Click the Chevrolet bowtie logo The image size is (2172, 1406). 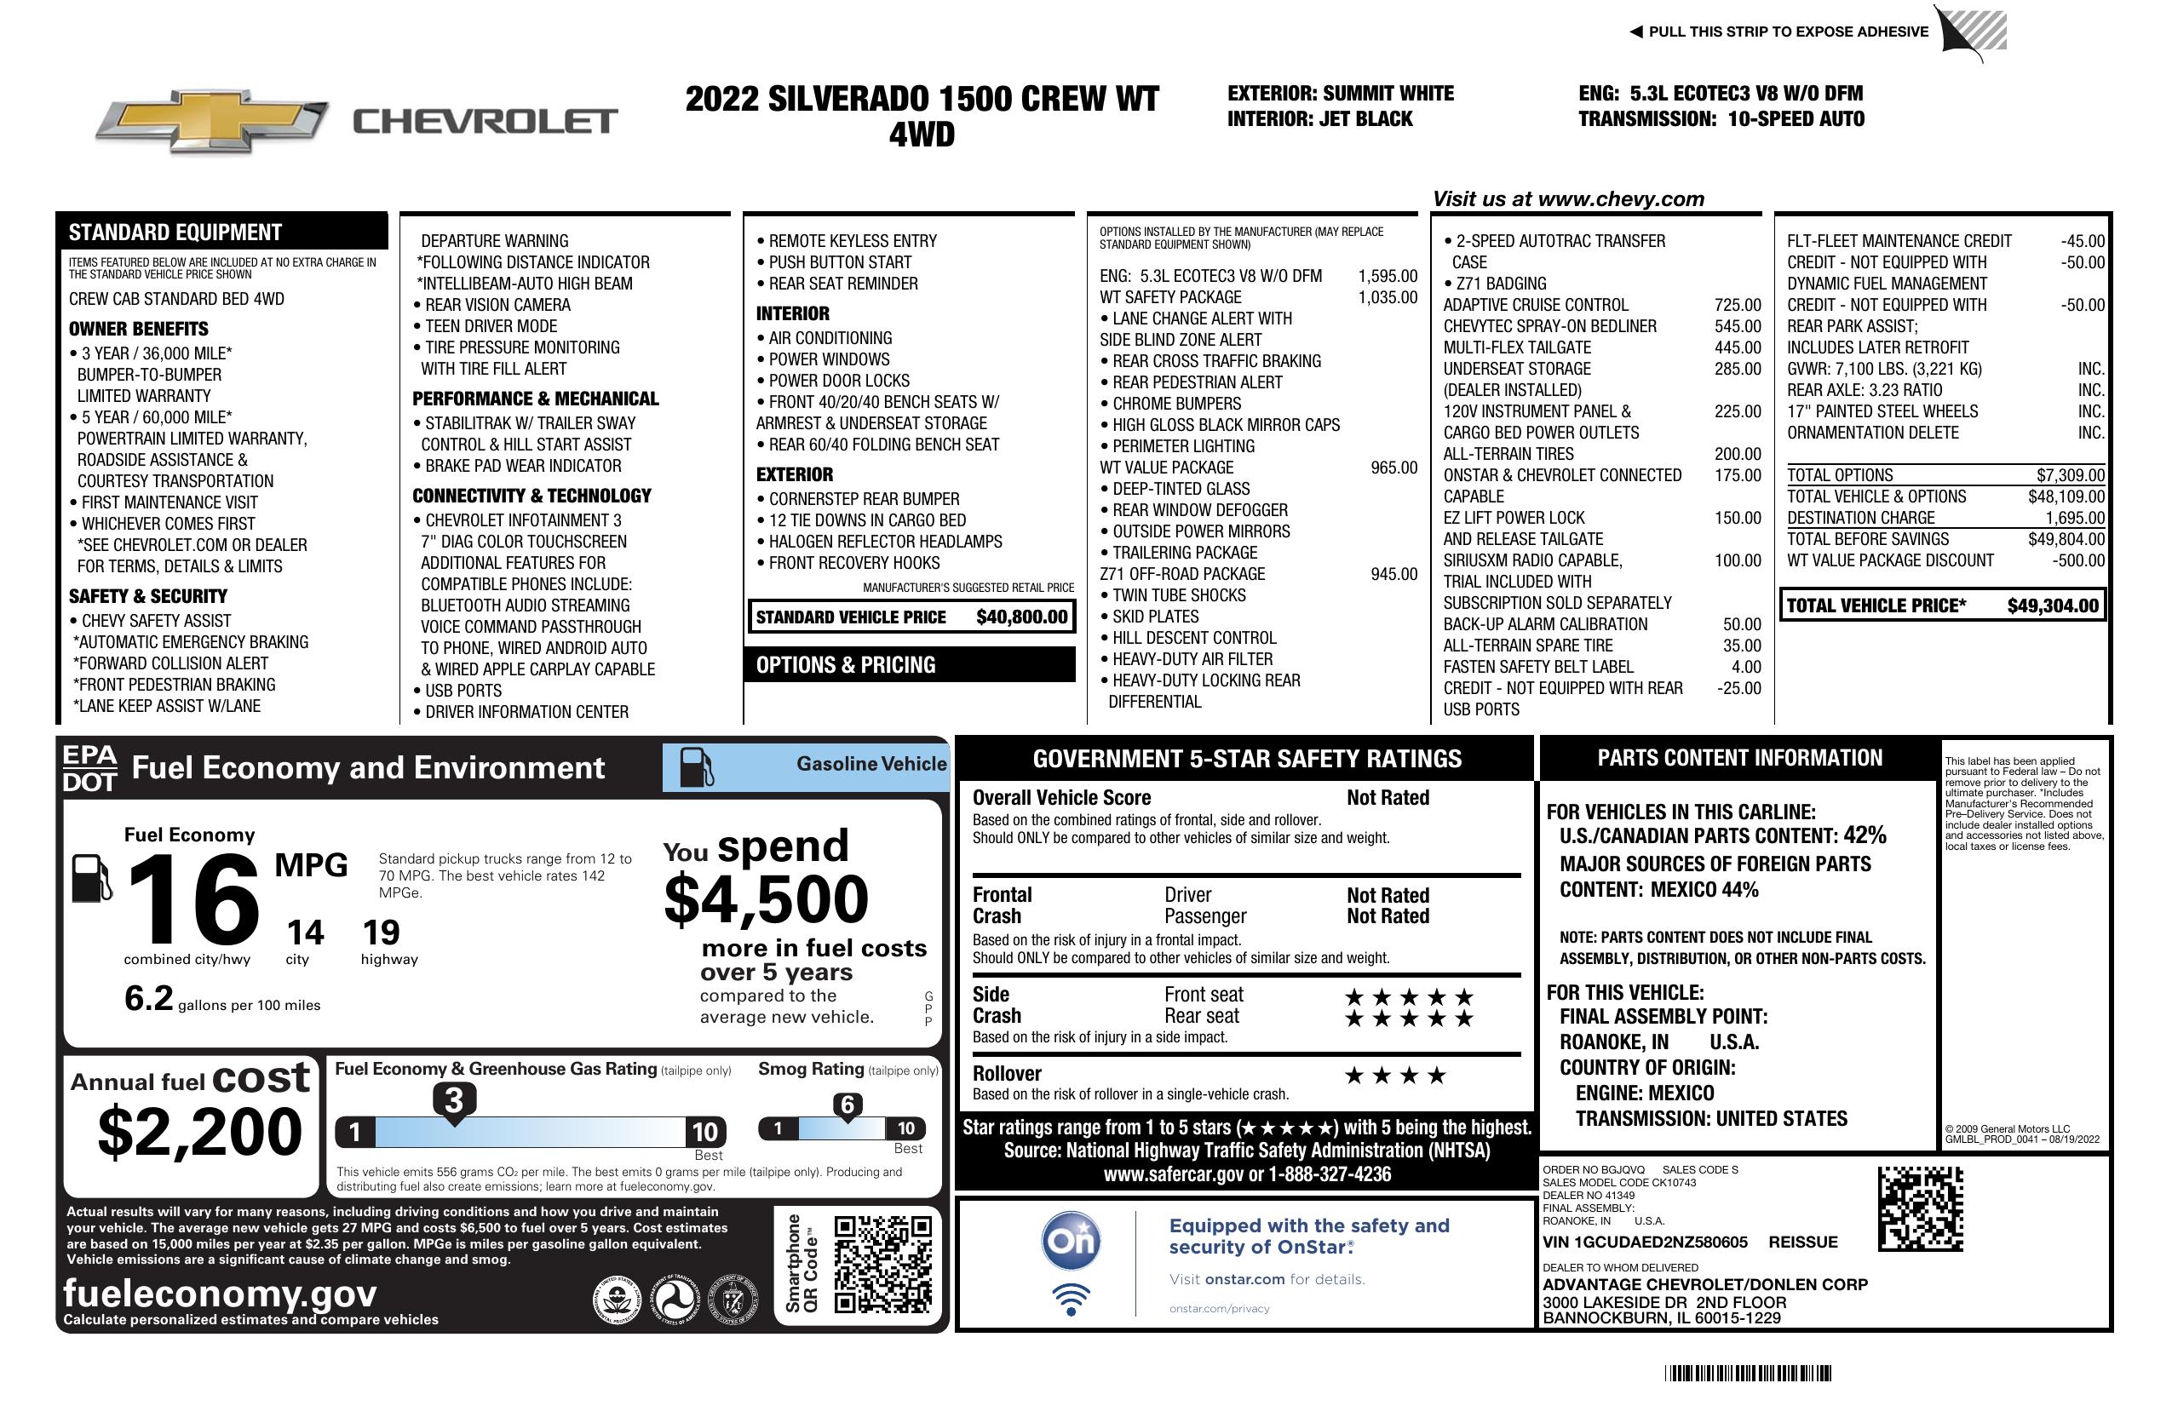(212, 121)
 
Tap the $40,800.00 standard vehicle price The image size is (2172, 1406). (1021, 617)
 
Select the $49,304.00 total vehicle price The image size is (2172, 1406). (2053, 605)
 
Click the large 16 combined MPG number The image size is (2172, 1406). (193, 899)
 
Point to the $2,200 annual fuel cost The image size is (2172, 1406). (199, 1133)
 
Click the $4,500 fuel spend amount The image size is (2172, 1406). (766, 900)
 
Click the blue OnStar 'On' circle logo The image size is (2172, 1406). (1072, 1241)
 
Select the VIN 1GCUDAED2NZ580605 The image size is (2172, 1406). (1645, 1242)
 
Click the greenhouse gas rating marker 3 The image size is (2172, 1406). (453, 1101)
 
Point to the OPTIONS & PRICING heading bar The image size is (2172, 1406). (910, 665)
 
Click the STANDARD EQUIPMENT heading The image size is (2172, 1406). (175, 232)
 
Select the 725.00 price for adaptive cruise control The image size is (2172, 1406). (1737, 306)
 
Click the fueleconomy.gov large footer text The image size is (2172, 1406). (220, 1294)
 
